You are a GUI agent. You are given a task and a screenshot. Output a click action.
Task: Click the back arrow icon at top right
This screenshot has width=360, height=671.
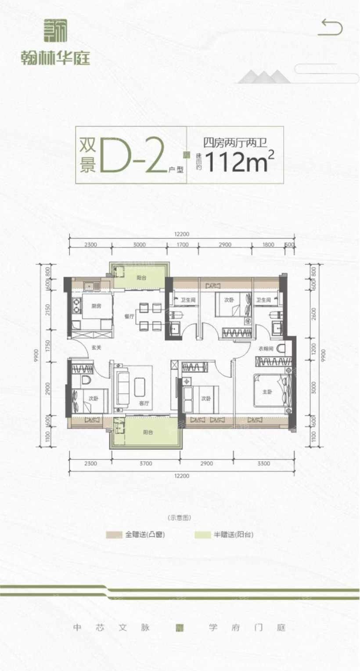point(330,27)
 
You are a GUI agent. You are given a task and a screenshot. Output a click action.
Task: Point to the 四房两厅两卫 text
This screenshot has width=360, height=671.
point(235,142)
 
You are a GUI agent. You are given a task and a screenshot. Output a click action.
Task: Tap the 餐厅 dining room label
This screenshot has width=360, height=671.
point(129,315)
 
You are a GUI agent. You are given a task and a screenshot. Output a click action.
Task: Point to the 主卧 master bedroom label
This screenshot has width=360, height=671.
point(267,392)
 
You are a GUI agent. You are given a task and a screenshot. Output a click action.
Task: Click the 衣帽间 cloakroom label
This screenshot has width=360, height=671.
point(265,349)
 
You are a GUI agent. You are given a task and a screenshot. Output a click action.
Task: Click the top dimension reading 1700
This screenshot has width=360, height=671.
point(183,245)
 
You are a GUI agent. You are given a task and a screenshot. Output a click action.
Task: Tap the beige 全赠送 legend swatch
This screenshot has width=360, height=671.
point(114,535)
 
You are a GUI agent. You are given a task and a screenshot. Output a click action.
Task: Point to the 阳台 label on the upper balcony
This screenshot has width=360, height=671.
point(141,278)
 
